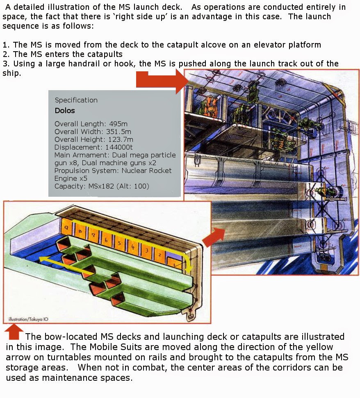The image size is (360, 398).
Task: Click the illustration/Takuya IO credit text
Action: [x=24, y=319]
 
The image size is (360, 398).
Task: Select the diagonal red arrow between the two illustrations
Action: [x=214, y=237]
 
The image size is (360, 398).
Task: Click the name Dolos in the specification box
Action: [x=64, y=111]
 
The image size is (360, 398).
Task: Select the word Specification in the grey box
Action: [x=76, y=100]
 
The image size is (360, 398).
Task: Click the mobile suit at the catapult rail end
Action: [x=330, y=191]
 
